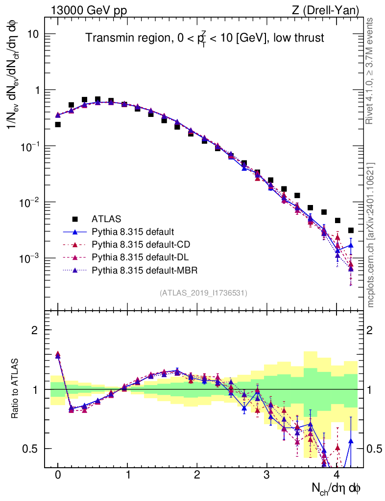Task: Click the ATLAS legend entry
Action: click(x=106, y=219)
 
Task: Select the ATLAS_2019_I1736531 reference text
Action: click(x=203, y=293)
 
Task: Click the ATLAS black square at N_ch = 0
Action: click(x=58, y=124)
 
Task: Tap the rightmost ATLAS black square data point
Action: click(x=351, y=230)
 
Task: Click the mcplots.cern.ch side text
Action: click(x=371, y=235)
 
